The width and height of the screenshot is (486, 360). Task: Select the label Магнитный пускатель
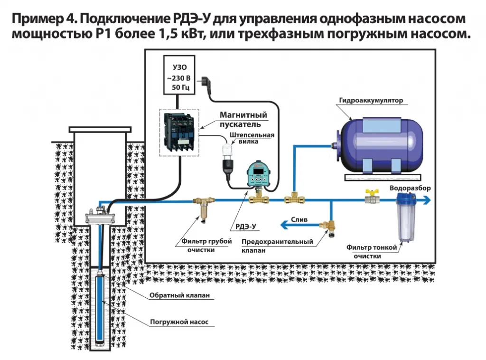point(243,120)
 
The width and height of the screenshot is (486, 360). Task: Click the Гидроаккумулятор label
point(370,101)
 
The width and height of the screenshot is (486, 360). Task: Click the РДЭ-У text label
point(246,227)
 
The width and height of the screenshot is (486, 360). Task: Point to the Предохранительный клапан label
point(277,246)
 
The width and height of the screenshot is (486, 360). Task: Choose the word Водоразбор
point(410,188)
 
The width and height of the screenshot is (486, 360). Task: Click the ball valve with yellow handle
point(371,197)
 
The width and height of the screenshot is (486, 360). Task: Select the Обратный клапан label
point(179,295)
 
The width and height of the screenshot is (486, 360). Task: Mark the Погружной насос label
point(179,322)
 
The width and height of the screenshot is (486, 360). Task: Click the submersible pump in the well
point(102,309)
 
